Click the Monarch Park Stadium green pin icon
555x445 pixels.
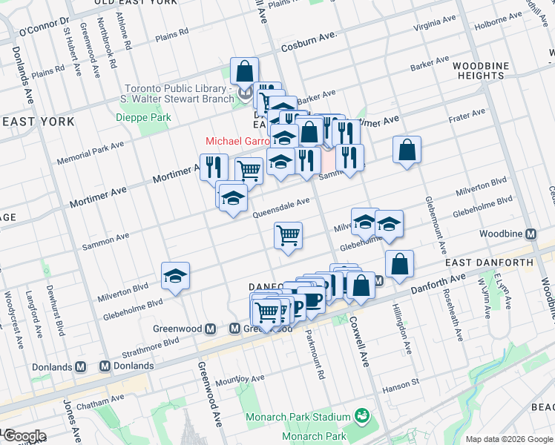coord(361,414)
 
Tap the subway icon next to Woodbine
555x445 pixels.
coord(531,234)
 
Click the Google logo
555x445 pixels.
coord(24,436)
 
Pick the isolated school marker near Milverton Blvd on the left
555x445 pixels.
coord(175,277)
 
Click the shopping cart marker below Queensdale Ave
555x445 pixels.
coord(288,236)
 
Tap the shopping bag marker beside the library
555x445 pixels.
coord(244,71)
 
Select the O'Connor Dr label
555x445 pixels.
coord(43,26)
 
